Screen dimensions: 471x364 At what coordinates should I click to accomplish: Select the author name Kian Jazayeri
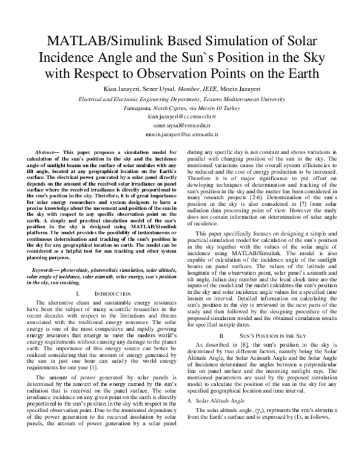pos(124,90)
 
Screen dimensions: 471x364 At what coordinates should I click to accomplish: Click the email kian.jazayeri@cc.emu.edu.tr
pos(182,115)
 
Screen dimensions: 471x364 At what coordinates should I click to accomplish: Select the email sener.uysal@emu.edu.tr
pos(182,124)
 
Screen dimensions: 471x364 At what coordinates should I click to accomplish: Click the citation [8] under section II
pos(242,362)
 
